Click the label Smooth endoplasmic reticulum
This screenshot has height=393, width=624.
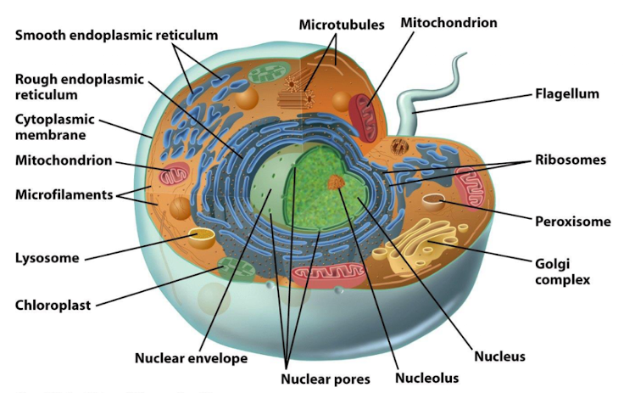(116, 36)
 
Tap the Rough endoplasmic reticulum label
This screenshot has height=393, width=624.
(81, 87)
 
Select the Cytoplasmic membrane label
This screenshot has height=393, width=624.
(55, 126)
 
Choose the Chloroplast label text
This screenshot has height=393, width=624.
(53, 304)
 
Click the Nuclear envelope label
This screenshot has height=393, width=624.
(191, 357)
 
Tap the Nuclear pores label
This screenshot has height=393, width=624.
(326, 379)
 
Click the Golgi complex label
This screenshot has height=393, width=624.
(562, 270)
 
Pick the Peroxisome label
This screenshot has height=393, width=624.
(572, 222)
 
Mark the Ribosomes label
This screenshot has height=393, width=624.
(570, 160)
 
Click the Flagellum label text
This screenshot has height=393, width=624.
(566, 93)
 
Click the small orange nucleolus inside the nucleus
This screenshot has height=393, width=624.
(337, 182)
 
